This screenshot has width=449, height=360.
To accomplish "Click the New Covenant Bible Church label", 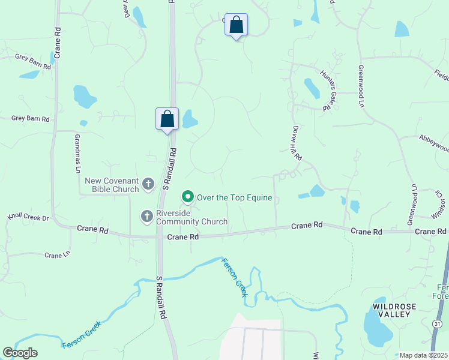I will tap(112, 185).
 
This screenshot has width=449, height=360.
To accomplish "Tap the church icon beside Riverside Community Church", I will tap(146, 216).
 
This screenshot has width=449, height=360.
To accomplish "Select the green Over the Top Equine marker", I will tap(187, 197).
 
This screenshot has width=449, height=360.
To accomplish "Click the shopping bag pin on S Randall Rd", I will tap(167, 119).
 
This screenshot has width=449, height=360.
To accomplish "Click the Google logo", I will tap(20, 353).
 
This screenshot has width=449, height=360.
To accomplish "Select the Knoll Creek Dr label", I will tap(27, 217).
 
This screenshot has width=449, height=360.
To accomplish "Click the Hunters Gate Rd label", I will tap(327, 91).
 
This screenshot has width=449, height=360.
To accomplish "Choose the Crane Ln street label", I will tap(58, 255).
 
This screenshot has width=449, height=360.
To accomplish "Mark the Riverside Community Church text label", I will tap(192, 217).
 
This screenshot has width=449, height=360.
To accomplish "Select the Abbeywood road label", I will tap(433, 148).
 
